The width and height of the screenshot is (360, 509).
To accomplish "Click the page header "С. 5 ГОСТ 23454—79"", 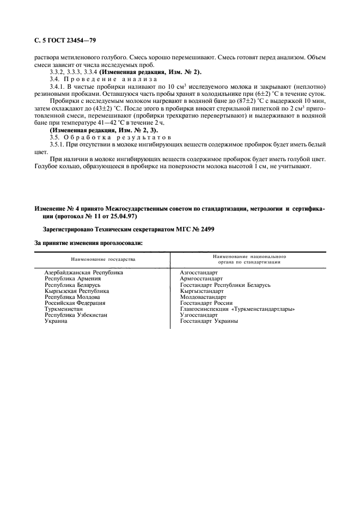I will [65, 40].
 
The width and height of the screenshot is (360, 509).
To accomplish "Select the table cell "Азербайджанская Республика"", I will [83, 272].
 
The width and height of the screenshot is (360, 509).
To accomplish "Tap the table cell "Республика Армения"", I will [72, 278].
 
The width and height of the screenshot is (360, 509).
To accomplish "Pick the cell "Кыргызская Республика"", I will [77, 291].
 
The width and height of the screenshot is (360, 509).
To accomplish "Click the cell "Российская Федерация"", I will [75, 303].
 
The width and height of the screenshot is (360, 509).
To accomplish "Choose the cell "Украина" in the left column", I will [56, 321].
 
